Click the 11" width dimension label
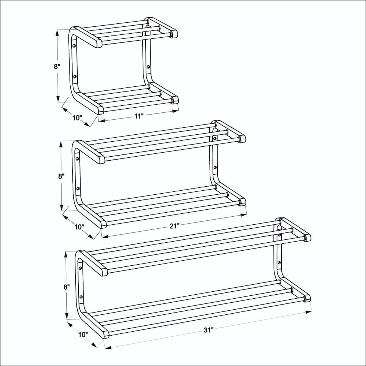pos(138,116)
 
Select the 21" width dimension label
pos(174,226)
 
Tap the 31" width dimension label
pos(209,330)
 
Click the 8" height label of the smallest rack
pos(57,66)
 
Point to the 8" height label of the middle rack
pos(61,176)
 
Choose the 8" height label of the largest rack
pos(67,287)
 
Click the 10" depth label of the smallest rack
pos(77,117)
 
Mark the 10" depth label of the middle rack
pos(79,227)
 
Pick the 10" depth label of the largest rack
pos(83,335)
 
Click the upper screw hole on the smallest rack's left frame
pos(74,45)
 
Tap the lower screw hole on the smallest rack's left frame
pos(75,76)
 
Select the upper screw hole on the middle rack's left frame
pos(77,159)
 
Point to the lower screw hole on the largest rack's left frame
pos(81,297)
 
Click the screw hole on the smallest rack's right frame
pos(148,67)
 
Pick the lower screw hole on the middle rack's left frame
pos(78,188)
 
